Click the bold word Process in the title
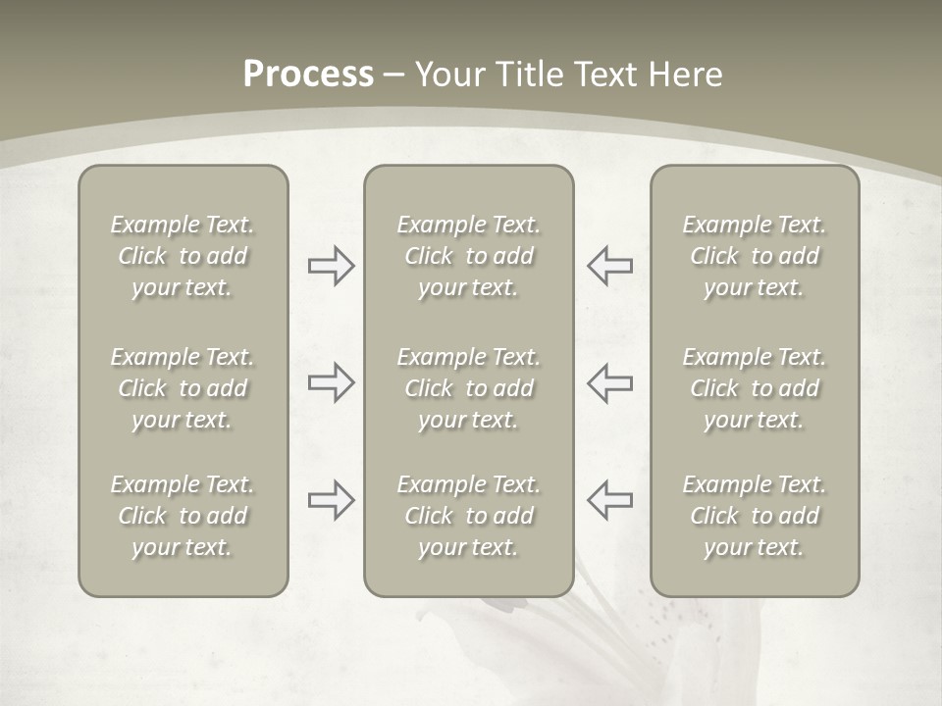point(308,75)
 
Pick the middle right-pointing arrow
point(331,382)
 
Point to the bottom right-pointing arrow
point(331,500)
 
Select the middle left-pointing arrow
point(609,382)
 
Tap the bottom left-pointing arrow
point(609,500)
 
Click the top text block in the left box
point(183,256)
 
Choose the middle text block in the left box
point(183,388)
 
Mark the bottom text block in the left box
point(183,516)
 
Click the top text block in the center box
point(469,256)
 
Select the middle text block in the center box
point(469,388)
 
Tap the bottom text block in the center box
point(469,516)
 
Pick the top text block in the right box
point(755,256)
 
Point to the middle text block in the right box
point(755,388)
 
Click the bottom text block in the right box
point(755,516)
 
